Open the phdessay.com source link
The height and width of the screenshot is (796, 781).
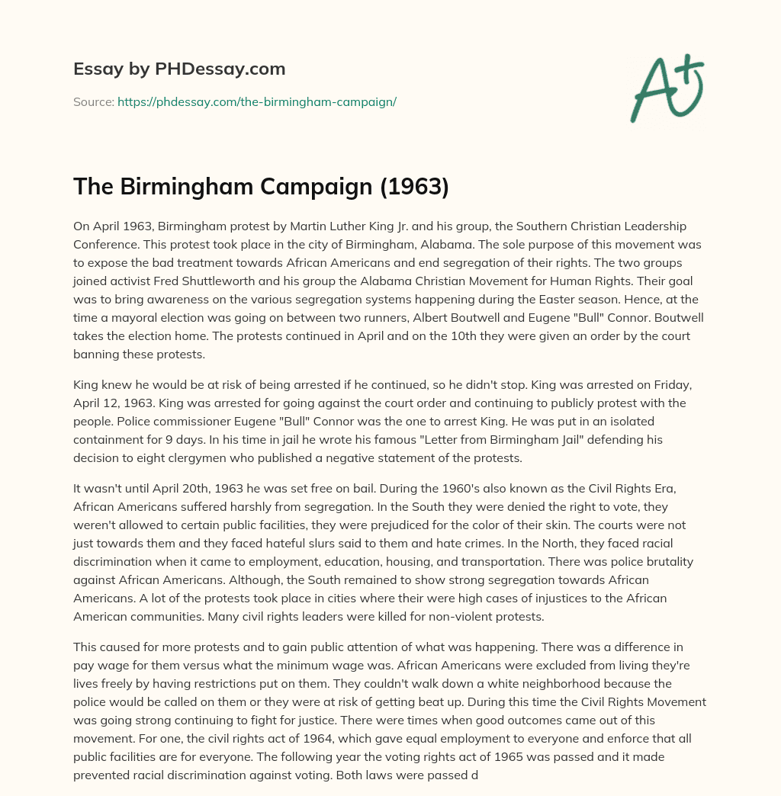[x=256, y=101]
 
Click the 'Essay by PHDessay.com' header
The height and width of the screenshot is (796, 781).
[x=179, y=69]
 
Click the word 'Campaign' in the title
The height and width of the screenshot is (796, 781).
[x=305, y=187]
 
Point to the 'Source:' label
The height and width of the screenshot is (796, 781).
[x=94, y=101]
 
